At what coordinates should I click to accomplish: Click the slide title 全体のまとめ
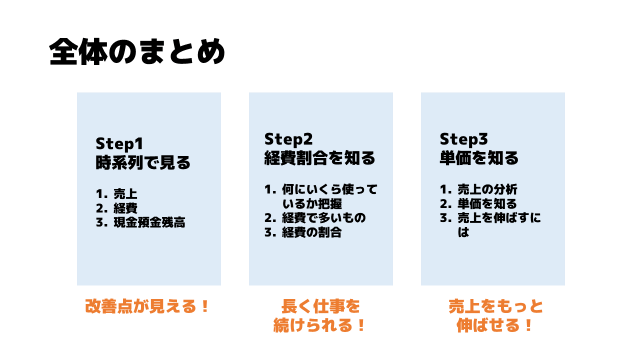tap(137, 51)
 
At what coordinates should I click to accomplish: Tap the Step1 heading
tap(119, 144)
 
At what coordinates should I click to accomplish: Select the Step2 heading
tap(288, 139)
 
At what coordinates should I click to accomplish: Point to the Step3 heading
tap(463, 139)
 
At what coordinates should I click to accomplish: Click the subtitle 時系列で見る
tap(143, 162)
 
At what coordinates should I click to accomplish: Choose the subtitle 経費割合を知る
tap(319, 158)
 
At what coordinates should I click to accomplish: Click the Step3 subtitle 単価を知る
tap(479, 158)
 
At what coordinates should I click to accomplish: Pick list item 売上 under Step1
tap(125, 193)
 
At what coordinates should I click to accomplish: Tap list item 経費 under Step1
tap(125, 208)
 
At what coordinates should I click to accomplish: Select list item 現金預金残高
tap(149, 222)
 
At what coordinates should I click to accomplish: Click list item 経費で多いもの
tap(324, 217)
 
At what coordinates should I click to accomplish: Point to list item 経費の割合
tap(312, 232)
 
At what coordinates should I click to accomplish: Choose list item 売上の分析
tap(487, 189)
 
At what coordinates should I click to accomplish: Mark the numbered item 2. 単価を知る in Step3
tap(478, 203)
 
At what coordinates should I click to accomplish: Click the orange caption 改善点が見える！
tap(147, 306)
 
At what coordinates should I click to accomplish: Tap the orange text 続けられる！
tap(319, 325)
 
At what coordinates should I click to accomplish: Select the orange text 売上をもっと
tap(495, 306)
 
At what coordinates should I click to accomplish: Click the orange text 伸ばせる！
tap(494, 325)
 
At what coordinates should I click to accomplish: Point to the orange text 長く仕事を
tap(320, 306)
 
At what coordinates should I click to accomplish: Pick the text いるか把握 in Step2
tap(312, 203)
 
